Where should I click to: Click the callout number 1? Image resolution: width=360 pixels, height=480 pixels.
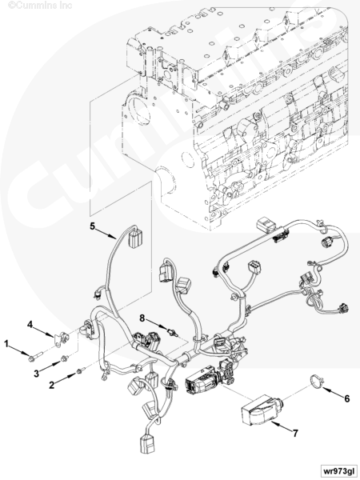point(6,344)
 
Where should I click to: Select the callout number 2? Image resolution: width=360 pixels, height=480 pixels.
point(52,385)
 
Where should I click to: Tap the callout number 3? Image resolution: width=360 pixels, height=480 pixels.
point(37,373)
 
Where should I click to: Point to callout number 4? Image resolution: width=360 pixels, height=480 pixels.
point(30,325)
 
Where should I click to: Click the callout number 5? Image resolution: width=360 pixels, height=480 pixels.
point(93,226)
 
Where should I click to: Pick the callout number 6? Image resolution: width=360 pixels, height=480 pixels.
point(346,398)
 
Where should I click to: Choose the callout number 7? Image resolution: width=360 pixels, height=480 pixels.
point(295,434)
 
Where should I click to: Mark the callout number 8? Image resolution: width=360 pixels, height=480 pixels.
point(142,318)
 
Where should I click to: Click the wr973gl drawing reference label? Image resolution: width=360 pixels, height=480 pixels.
point(338,470)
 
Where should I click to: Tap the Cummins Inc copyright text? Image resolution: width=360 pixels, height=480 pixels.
point(40,6)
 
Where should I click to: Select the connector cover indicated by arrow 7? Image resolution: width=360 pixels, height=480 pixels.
point(258,410)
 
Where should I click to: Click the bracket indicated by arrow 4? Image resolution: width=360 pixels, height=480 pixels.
point(62,339)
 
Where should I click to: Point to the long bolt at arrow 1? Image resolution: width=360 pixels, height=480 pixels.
point(35,358)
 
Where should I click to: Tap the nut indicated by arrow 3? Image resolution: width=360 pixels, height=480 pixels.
point(64,358)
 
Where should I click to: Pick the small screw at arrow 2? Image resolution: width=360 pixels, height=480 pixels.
point(79,371)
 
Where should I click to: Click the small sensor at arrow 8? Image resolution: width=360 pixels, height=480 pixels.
point(172,332)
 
